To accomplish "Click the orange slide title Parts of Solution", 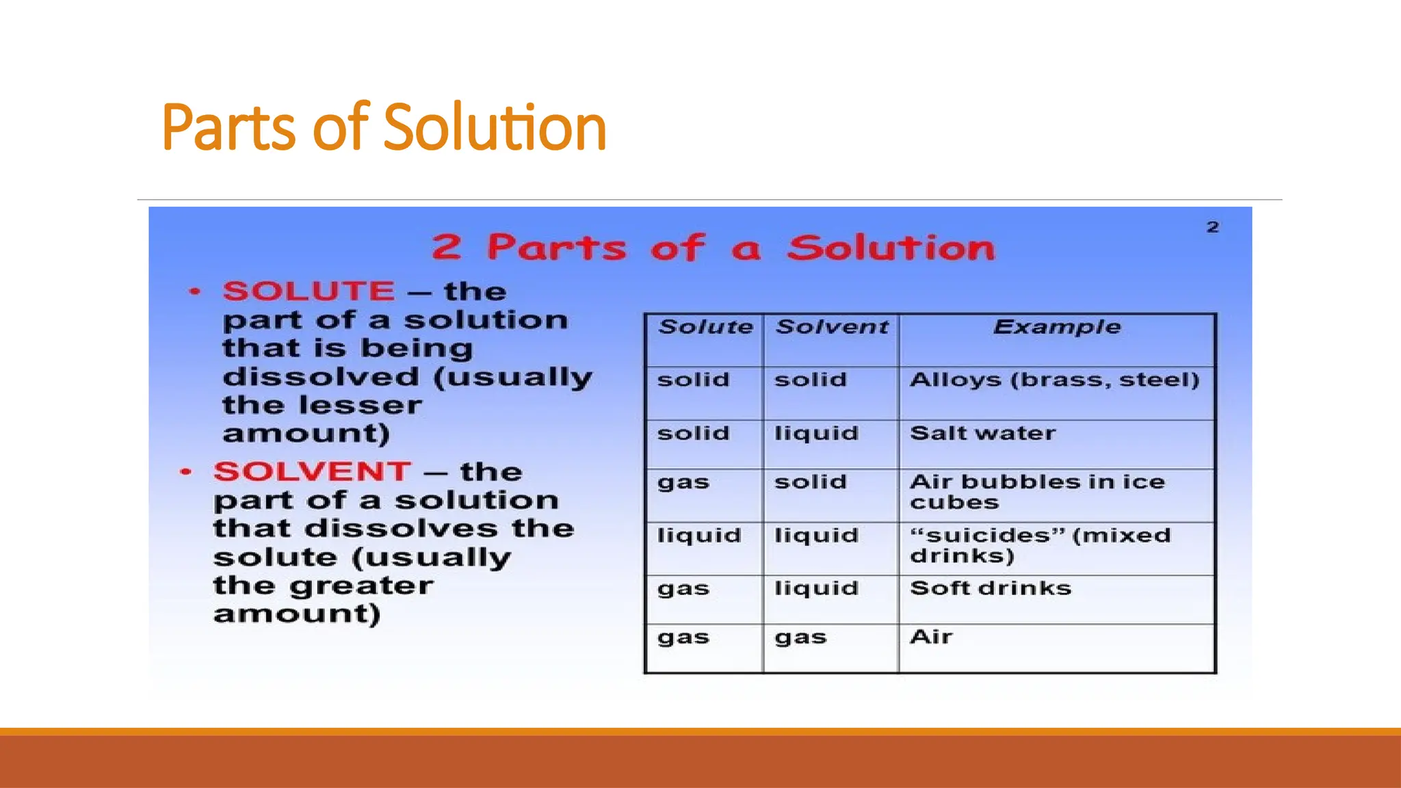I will tap(384, 127).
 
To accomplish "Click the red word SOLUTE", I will tap(309, 291).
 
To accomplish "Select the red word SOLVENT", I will tap(312, 472).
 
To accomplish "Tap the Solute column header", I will tap(705, 327).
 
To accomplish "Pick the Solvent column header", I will tap(832, 327).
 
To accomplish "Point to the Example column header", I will tap(1057, 327).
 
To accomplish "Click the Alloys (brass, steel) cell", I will tap(1054, 380).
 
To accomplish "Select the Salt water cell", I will tap(983, 434).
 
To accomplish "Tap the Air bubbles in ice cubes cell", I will tap(1036, 492).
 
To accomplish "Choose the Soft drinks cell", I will tap(991, 588).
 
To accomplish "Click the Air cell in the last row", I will tap(931, 638).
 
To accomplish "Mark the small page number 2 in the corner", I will tap(1213, 227).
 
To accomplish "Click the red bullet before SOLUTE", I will tap(195, 292).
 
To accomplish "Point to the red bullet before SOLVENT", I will tap(185, 473).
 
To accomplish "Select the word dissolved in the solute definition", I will tap(321, 378).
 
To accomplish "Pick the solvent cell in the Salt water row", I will tap(816, 434).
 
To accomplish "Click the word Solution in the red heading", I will tap(891, 248).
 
